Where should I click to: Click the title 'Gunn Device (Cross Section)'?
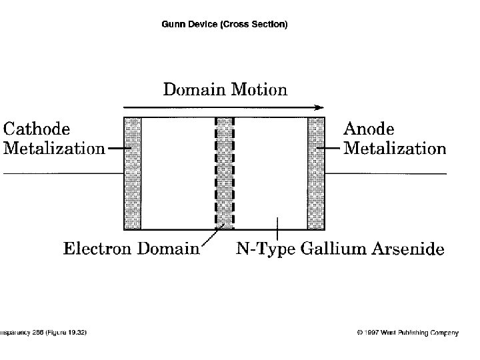point(225,25)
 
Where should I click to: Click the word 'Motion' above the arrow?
point(259,89)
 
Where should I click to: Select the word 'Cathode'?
point(37,128)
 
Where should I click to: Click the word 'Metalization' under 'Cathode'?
point(54,148)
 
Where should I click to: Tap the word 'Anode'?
point(368,128)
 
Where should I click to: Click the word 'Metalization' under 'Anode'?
point(395,148)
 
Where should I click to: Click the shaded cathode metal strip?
point(133,173)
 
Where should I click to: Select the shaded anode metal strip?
point(315,173)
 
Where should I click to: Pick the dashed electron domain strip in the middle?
point(225,173)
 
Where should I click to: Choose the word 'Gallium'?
point(329,249)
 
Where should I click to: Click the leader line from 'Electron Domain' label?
point(211,236)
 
